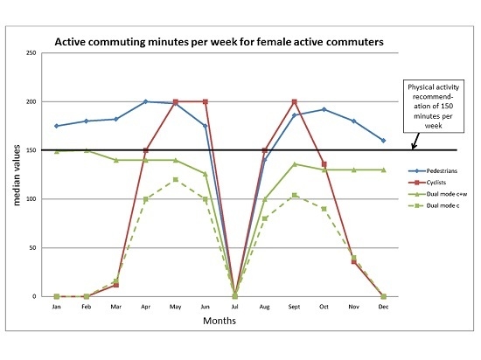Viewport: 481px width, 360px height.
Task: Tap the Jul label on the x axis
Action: [236, 307]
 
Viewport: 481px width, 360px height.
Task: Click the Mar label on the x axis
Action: [116, 307]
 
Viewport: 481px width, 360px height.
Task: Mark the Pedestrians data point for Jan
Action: [57, 126]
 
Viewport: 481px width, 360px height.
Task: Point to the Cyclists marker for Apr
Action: [146, 150]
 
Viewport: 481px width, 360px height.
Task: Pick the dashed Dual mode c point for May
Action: [176, 180]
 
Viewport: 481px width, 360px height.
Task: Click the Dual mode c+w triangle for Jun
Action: [206, 174]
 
